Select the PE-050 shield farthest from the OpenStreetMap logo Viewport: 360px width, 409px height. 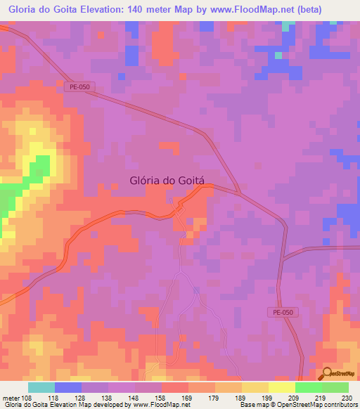(81, 87)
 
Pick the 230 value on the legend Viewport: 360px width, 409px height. (347, 398)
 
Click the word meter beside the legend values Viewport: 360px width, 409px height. (11, 398)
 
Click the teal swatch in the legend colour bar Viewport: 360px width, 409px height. (41, 387)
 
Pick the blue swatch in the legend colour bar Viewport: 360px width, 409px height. (67, 387)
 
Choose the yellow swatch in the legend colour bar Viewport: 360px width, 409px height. (281, 387)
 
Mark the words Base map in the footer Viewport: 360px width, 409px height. (252, 405)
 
